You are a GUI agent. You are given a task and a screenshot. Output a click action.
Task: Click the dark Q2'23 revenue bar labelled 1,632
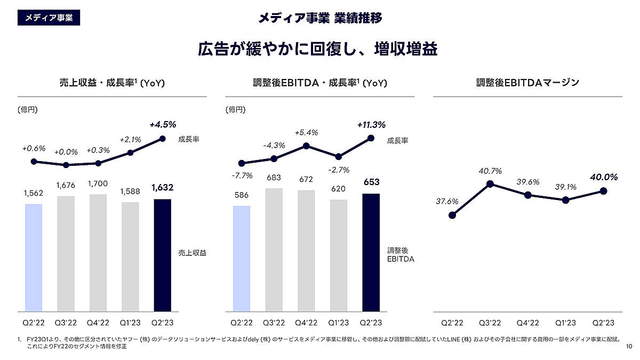click(162, 255)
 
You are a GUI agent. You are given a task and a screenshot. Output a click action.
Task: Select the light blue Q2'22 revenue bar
click(34, 258)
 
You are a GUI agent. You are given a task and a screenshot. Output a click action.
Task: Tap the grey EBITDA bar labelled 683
click(274, 250)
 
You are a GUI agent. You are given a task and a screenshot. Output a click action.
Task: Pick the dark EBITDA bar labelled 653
click(371, 252)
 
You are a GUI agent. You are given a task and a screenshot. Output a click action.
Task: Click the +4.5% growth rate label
click(162, 125)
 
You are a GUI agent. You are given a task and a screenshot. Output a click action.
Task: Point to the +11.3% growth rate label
click(371, 125)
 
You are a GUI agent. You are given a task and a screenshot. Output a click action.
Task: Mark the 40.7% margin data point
click(490, 184)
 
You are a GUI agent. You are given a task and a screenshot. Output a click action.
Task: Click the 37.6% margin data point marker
click(452, 215)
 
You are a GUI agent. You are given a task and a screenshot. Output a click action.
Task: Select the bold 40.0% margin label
click(604, 177)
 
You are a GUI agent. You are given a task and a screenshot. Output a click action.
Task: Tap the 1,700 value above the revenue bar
click(98, 184)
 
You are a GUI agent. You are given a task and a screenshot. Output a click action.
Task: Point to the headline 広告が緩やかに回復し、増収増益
click(318, 49)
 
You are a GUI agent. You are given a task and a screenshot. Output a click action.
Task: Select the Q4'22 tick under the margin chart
click(527, 323)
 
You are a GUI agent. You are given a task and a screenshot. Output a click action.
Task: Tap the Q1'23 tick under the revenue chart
click(130, 323)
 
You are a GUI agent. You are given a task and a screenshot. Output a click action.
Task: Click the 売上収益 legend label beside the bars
click(192, 254)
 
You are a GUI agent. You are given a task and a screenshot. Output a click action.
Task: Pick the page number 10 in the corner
click(628, 347)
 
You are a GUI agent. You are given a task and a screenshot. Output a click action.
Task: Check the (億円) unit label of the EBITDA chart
click(235, 110)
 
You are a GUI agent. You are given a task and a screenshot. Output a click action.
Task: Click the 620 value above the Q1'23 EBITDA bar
click(338, 189)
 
